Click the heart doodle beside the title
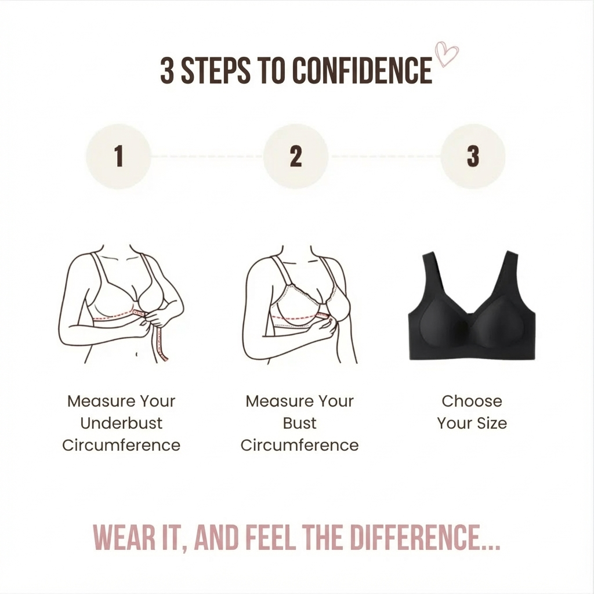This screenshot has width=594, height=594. [447, 55]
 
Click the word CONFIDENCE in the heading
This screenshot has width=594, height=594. [362, 71]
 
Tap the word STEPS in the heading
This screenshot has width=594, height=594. [215, 71]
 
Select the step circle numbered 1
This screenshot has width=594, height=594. [119, 156]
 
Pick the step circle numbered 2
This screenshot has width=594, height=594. [296, 156]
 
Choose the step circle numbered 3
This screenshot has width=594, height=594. [473, 156]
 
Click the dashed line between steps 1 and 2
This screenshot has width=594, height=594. [207, 156]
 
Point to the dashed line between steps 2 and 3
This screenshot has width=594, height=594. [385, 156]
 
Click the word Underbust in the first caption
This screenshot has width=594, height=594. [121, 423]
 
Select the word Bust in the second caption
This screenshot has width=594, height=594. [300, 423]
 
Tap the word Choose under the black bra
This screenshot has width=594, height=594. [472, 401]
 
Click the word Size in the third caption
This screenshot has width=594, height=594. [492, 423]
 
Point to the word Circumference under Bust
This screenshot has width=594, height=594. [300, 445]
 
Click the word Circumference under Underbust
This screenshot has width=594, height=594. [121, 445]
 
